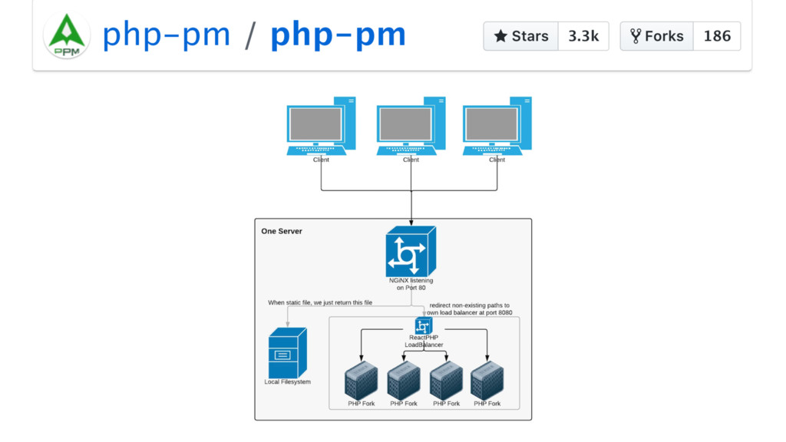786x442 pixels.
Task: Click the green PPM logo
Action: pos(67,36)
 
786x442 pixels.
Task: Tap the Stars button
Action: pos(521,36)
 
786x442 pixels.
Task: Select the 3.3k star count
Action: pos(583,36)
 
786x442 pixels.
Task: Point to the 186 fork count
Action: pos(717,36)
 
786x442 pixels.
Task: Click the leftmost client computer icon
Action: pos(321,126)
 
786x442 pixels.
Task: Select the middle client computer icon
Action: pos(411,126)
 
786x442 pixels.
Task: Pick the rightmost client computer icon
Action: pos(497,126)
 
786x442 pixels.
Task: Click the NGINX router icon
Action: pos(411,252)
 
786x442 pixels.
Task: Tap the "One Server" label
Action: pos(282,231)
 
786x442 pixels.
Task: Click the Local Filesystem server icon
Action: pos(288,352)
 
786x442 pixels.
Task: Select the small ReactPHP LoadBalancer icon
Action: pos(424,326)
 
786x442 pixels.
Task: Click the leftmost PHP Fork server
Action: pos(361,381)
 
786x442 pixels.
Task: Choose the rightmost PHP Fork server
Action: pos(487,381)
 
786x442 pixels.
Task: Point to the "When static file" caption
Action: pos(319,303)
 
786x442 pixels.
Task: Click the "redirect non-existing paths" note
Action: pos(470,308)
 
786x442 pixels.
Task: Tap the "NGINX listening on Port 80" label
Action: pos(411,284)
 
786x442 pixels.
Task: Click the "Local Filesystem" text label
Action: pos(287,382)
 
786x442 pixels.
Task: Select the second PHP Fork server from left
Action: pos(403,381)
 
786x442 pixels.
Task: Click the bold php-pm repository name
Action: pos(338,35)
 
